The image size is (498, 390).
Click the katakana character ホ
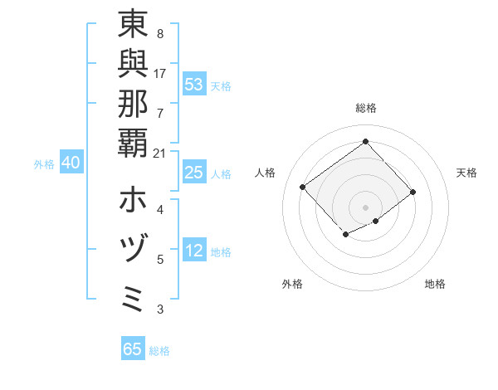pos(133,200)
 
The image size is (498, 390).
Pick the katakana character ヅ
pos(133,250)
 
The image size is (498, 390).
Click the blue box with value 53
pos(194,85)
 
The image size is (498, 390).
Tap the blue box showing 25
pos(194,173)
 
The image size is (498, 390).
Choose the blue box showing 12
pos(194,251)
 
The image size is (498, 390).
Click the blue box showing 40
pos(71,163)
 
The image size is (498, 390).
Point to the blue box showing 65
pos(133,349)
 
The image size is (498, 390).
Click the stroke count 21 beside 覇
pos(160,153)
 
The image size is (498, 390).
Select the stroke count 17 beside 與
pos(160,74)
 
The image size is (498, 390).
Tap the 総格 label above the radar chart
pos(365,108)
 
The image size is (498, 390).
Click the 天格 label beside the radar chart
pos(466,173)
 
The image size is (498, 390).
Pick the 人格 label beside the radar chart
pos(266,173)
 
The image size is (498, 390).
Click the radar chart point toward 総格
pos(365,141)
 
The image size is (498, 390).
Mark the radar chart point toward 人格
pos(303,188)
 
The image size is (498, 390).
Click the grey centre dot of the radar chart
pos(365,207)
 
